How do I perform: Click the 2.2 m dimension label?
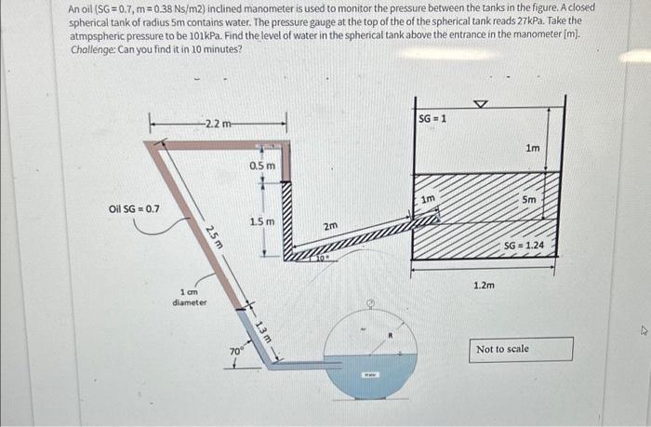pyautogui.click(x=213, y=124)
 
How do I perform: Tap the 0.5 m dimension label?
pyautogui.click(x=262, y=166)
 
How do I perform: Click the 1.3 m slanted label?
pyautogui.click(x=261, y=330)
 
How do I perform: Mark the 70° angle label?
pyautogui.click(x=236, y=352)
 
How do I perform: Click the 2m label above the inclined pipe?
pyautogui.click(x=330, y=226)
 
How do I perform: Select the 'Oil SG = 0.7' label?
pyautogui.click(x=134, y=208)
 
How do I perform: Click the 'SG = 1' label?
pyautogui.click(x=432, y=119)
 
